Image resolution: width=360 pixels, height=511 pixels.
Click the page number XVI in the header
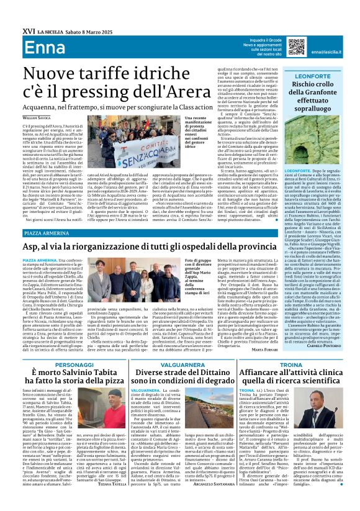(x=12, y=10)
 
